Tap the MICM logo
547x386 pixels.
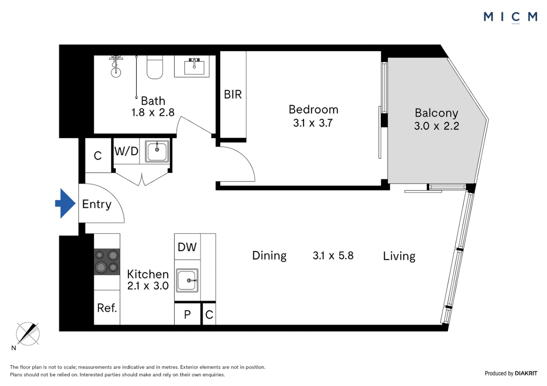click(x=510, y=17)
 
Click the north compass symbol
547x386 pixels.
click(x=28, y=334)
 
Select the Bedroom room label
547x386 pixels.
click(x=313, y=110)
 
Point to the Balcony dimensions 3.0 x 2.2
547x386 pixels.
click(x=436, y=126)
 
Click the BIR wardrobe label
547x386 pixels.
click(x=233, y=95)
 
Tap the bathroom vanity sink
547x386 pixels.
click(x=194, y=66)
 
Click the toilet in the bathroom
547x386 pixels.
click(x=155, y=68)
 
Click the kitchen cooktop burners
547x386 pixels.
click(x=107, y=262)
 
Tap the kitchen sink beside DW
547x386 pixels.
click(x=187, y=281)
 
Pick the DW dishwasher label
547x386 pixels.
click(x=187, y=247)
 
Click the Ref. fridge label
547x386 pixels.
click(x=107, y=308)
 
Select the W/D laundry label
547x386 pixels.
click(x=126, y=151)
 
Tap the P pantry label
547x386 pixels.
click(x=187, y=315)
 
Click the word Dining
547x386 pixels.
click(x=269, y=256)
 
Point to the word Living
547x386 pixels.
click(x=399, y=256)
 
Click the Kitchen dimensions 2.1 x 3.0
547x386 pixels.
click(x=148, y=286)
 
